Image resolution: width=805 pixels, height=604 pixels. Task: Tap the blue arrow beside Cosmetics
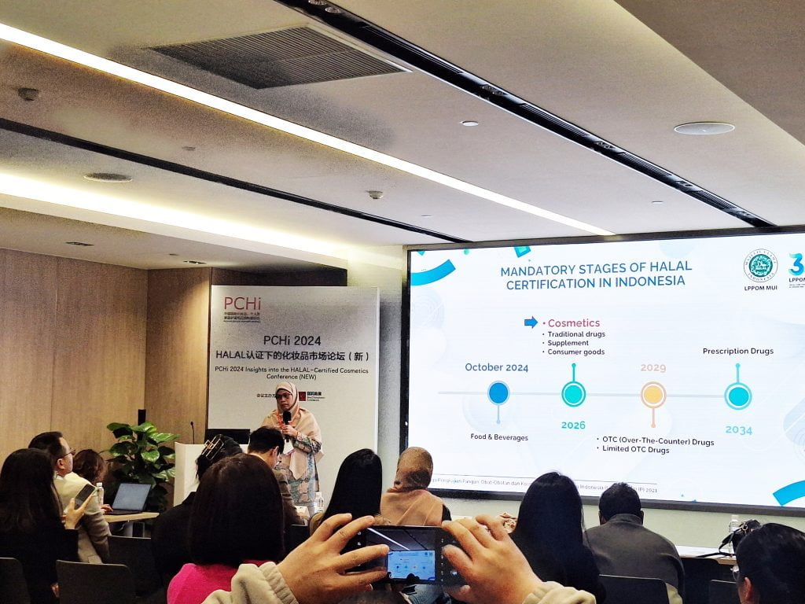pos(531,322)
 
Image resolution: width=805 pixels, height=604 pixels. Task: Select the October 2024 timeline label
pos(496,367)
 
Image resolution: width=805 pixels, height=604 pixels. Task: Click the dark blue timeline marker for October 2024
pos(498,392)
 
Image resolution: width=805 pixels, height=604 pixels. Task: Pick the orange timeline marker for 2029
pos(653,394)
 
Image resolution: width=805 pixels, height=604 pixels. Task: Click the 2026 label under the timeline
pos(573,425)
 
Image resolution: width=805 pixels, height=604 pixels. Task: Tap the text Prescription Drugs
pos(737,351)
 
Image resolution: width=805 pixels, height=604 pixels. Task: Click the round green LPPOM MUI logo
pos(759,266)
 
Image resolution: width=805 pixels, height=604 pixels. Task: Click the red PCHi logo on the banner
pos(241,304)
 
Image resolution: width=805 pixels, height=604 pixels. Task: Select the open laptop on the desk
pos(130,498)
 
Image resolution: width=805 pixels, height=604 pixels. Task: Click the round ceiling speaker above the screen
pos(704,128)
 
